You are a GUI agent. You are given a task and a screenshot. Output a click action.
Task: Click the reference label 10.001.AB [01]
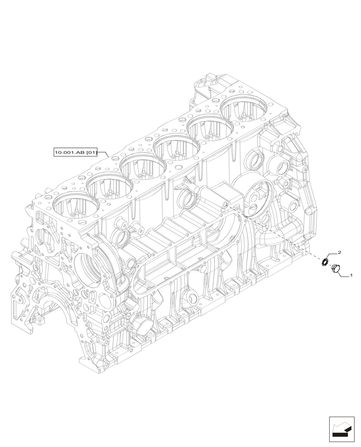[76, 152]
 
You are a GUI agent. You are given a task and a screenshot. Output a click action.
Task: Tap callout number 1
[351, 276]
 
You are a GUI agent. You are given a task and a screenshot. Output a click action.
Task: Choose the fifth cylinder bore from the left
[209, 128]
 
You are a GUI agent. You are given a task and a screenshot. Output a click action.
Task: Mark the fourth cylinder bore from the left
[176, 147]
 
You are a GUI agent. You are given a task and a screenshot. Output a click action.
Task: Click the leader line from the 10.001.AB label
[104, 153]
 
